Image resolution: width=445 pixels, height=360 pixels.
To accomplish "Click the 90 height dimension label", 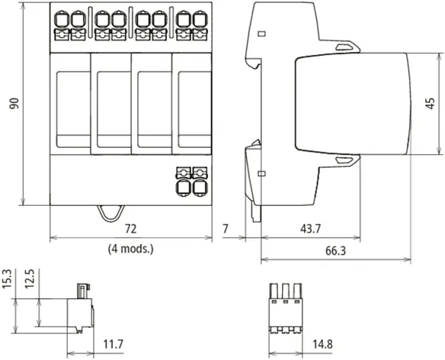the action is [x=14, y=103].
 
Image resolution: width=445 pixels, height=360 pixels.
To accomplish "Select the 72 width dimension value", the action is [x=131, y=229].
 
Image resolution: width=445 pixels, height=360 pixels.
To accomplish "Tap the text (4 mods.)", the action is [x=130, y=249].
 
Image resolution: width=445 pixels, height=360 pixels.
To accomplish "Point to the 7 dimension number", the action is [x=226, y=229].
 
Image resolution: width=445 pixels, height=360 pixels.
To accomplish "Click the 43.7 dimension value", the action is [x=310, y=229].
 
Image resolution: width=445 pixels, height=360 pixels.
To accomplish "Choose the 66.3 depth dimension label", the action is [x=335, y=251].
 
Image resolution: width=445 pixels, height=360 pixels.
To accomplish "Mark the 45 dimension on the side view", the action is [x=431, y=104].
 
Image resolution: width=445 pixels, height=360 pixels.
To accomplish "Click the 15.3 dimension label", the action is [x=7, y=278].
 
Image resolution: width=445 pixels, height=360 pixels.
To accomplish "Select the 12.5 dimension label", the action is [x=30, y=278].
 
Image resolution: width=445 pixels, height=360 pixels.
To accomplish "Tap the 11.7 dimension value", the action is [x=113, y=345].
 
